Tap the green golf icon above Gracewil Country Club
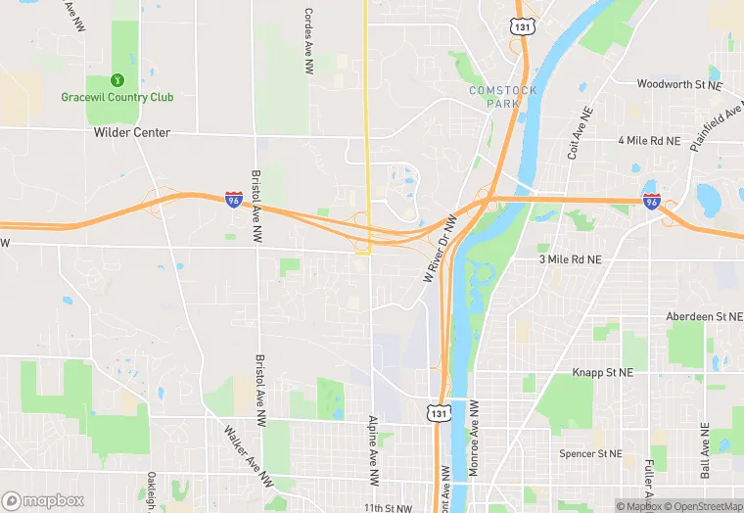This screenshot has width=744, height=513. point(116,79)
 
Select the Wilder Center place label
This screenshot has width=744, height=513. point(132,132)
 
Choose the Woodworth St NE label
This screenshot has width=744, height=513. point(678,84)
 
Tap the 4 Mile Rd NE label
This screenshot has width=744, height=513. point(649,141)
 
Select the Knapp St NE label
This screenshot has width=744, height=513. point(603,373)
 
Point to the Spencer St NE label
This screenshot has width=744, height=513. point(590,453)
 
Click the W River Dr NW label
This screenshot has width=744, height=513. point(441,250)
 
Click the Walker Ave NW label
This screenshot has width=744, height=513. point(249,456)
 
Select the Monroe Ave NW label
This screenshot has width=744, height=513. point(474,438)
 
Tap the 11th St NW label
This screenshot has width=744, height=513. point(389,508)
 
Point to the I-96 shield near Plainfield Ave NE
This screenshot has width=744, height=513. point(652,202)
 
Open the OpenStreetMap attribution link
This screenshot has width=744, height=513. point(704,506)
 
